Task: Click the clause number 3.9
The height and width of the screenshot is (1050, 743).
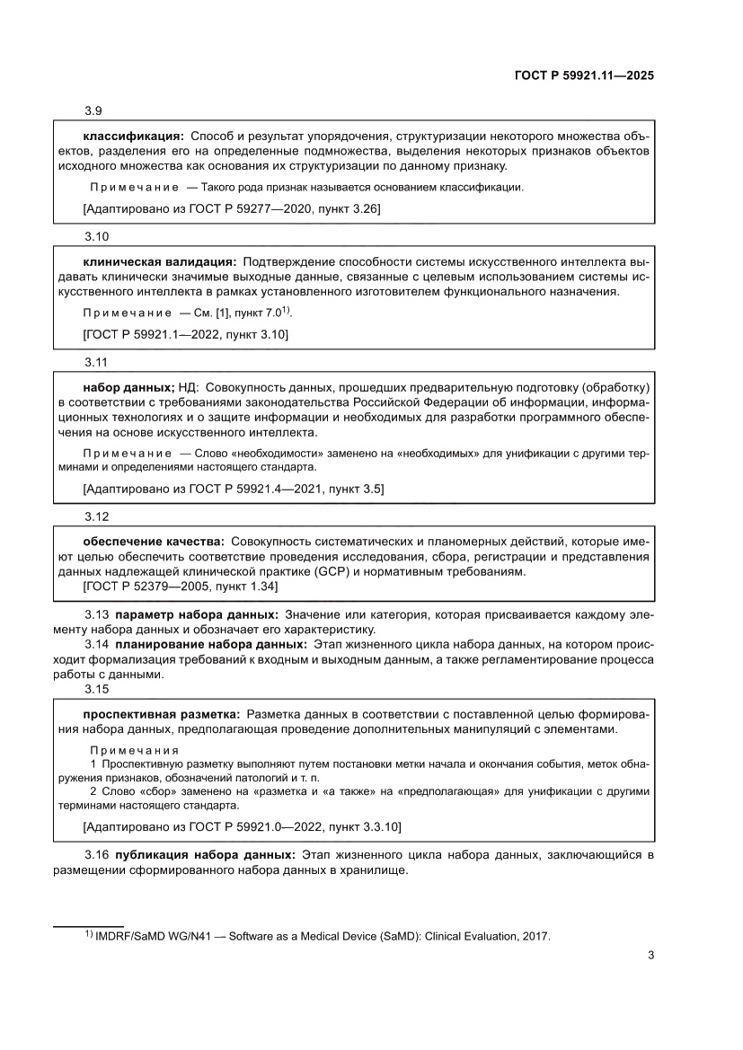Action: pos(93,111)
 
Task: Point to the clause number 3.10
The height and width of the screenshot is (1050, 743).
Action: pos(96,236)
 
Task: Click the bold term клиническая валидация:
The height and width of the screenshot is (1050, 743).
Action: pos(160,260)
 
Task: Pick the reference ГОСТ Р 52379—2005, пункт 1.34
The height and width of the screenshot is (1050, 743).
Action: pos(180,587)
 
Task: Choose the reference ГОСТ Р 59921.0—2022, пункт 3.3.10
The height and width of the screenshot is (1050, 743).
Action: pos(241,825)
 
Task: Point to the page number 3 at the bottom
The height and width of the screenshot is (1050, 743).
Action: pos(650,955)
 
